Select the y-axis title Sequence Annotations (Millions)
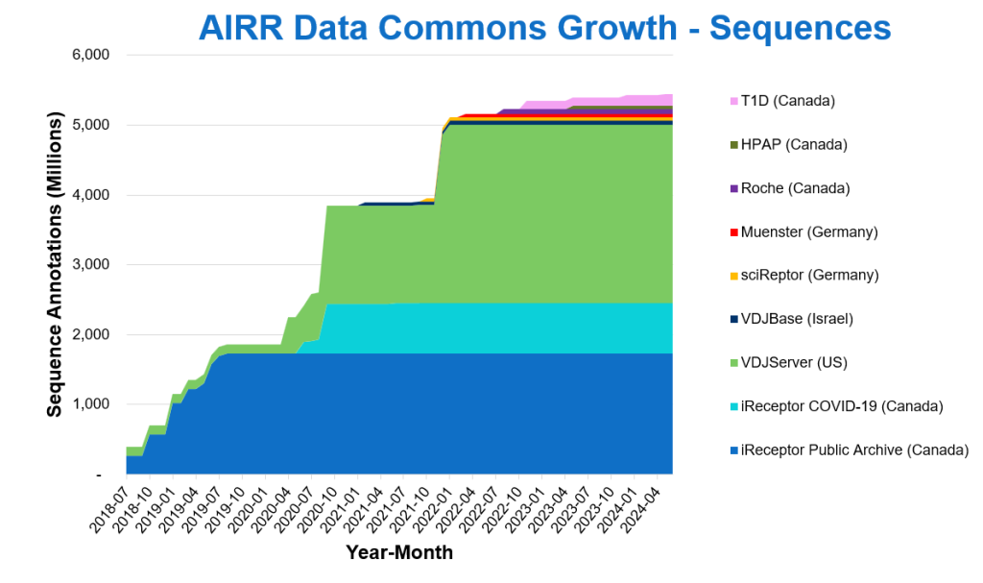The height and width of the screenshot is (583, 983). tap(55, 264)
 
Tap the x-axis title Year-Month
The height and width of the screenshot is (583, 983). tap(399, 553)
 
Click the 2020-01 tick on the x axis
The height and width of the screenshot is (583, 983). tap(253, 509)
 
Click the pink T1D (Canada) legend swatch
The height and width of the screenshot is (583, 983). tap(734, 101)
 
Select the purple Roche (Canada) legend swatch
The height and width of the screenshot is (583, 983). tap(734, 188)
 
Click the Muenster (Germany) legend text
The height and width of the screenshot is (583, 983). tap(809, 231)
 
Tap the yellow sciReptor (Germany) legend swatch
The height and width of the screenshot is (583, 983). tap(734, 276)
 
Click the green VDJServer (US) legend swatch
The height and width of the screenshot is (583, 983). tap(734, 362)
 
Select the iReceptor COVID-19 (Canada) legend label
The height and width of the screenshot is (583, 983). tap(842, 406)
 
